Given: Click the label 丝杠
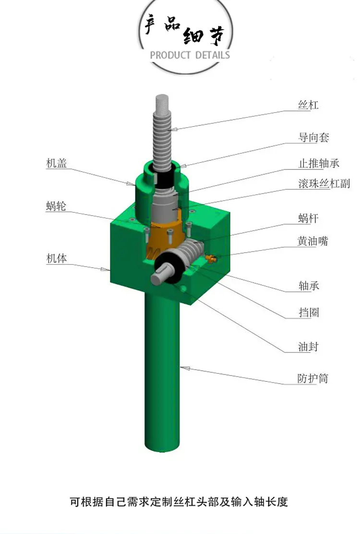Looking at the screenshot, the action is (x=308, y=105).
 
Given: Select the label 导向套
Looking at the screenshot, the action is (x=313, y=137).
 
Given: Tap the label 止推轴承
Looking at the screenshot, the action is (x=319, y=163).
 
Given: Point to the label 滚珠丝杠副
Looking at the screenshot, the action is (x=324, y=183).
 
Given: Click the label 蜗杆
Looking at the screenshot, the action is (x=308, y=218).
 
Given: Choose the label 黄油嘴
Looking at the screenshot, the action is (x=312, y=241).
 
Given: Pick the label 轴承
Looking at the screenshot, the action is (x=309, y=285).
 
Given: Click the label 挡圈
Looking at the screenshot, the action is (x=309, y=312).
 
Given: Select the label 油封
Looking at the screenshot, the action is (x=308, y=347).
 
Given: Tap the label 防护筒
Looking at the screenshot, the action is (x=312, y=378).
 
